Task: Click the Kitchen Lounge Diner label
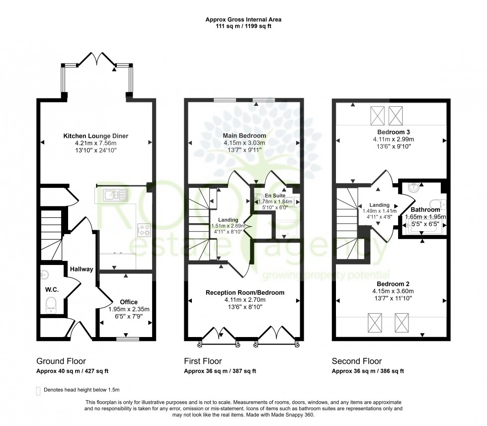point(96,135)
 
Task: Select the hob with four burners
point(144,230)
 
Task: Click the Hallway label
point(81,269)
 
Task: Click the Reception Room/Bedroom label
point(245,292)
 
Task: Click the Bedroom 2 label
point(390,284)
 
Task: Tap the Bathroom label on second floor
point(424,210)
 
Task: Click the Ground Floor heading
point(61,361)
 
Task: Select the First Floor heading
point(203,361)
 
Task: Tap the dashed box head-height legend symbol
point(39,391)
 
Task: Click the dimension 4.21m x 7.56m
point(96,143)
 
